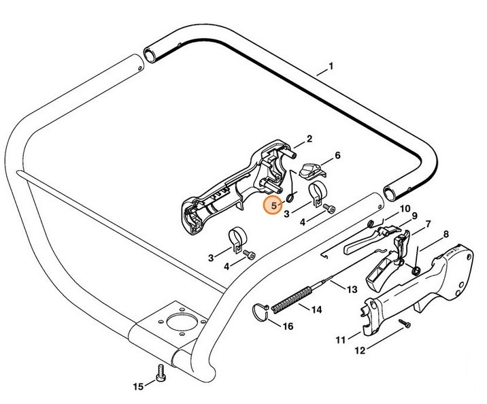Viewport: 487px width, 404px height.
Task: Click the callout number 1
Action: tap(331, 67)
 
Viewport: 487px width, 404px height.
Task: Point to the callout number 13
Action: tap(352, 289)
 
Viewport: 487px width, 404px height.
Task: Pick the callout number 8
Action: tap(446, 235)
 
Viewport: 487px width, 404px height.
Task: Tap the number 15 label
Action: tap(138, 387)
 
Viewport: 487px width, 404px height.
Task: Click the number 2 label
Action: tap(309, 139)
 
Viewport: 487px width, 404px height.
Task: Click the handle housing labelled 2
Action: tap(231, 190)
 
